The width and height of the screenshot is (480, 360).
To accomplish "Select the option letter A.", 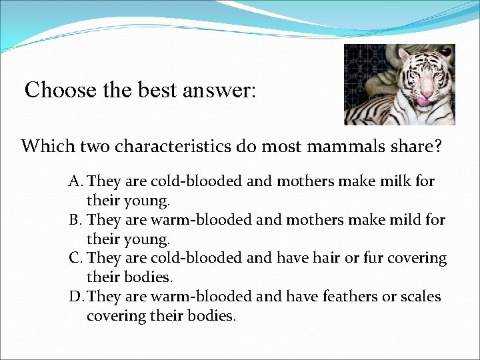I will point(74,181).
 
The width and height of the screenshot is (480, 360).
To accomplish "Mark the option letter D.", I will point(75,297).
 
